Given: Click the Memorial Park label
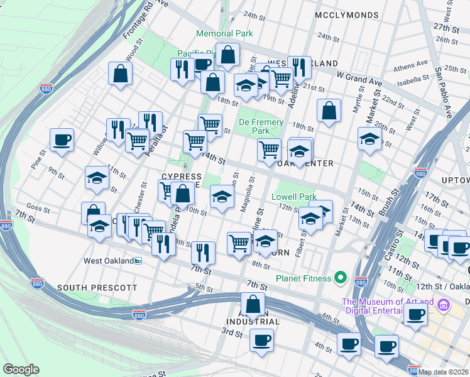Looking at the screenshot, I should point(224,33).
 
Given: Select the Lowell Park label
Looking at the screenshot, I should point(293,197).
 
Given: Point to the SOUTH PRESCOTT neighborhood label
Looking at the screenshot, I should point(97,288).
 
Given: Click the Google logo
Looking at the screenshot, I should point(21,369).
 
